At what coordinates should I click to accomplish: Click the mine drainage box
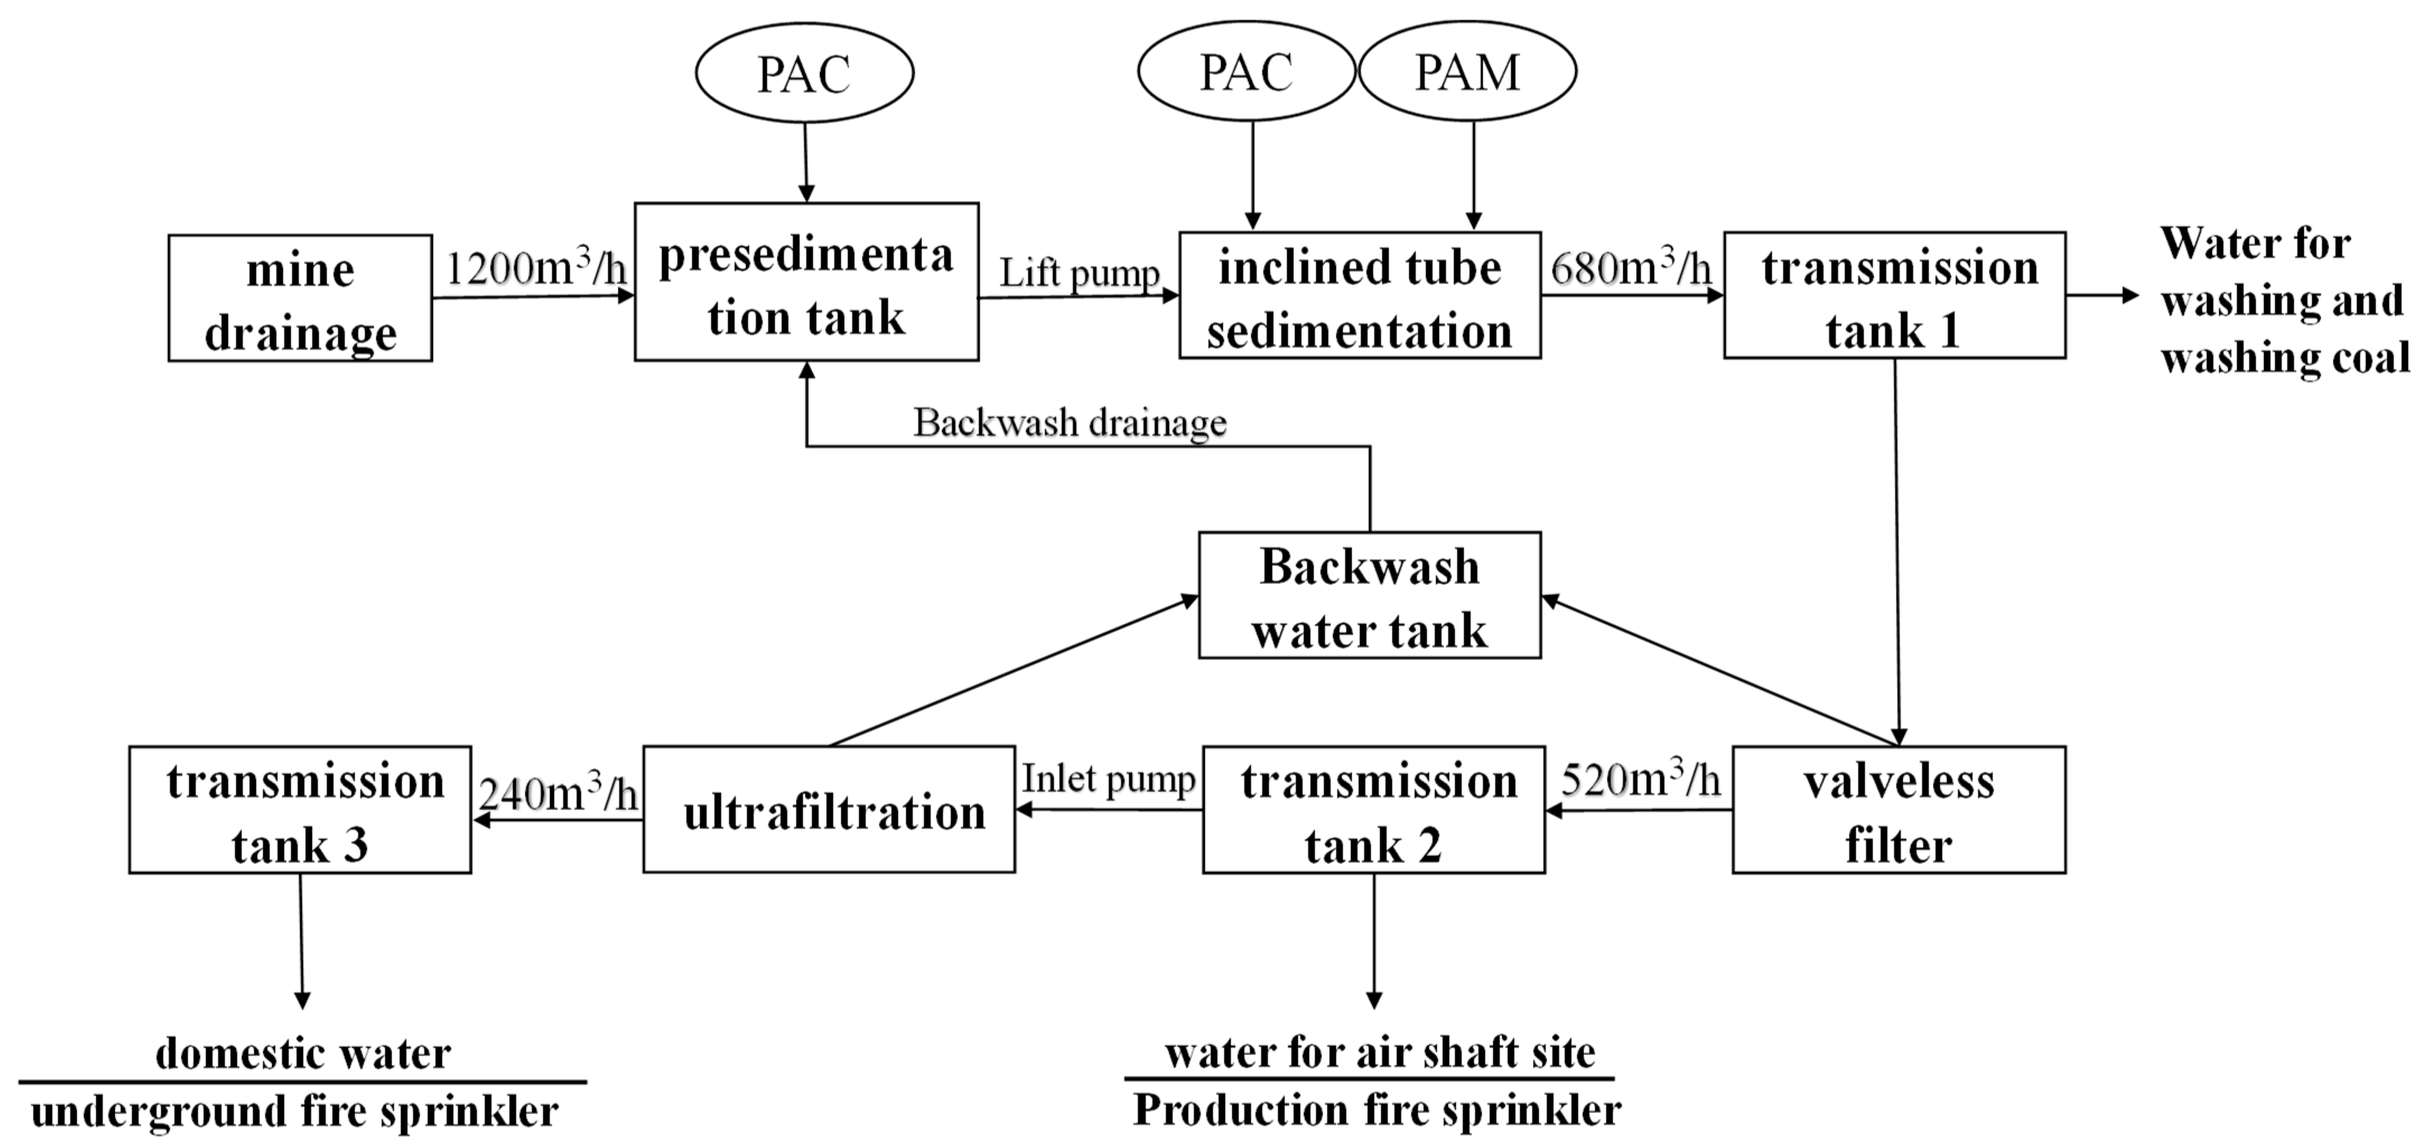click(300, 298)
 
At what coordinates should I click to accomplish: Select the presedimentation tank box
click(806, 282)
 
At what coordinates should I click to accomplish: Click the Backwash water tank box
click(1369, 595)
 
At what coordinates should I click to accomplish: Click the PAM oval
click(1467, 72)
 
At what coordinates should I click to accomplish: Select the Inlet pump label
click(1108, 779)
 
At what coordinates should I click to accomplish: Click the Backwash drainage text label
click(1070, 423)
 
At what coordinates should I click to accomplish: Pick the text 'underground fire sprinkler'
click(295, 1112)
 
